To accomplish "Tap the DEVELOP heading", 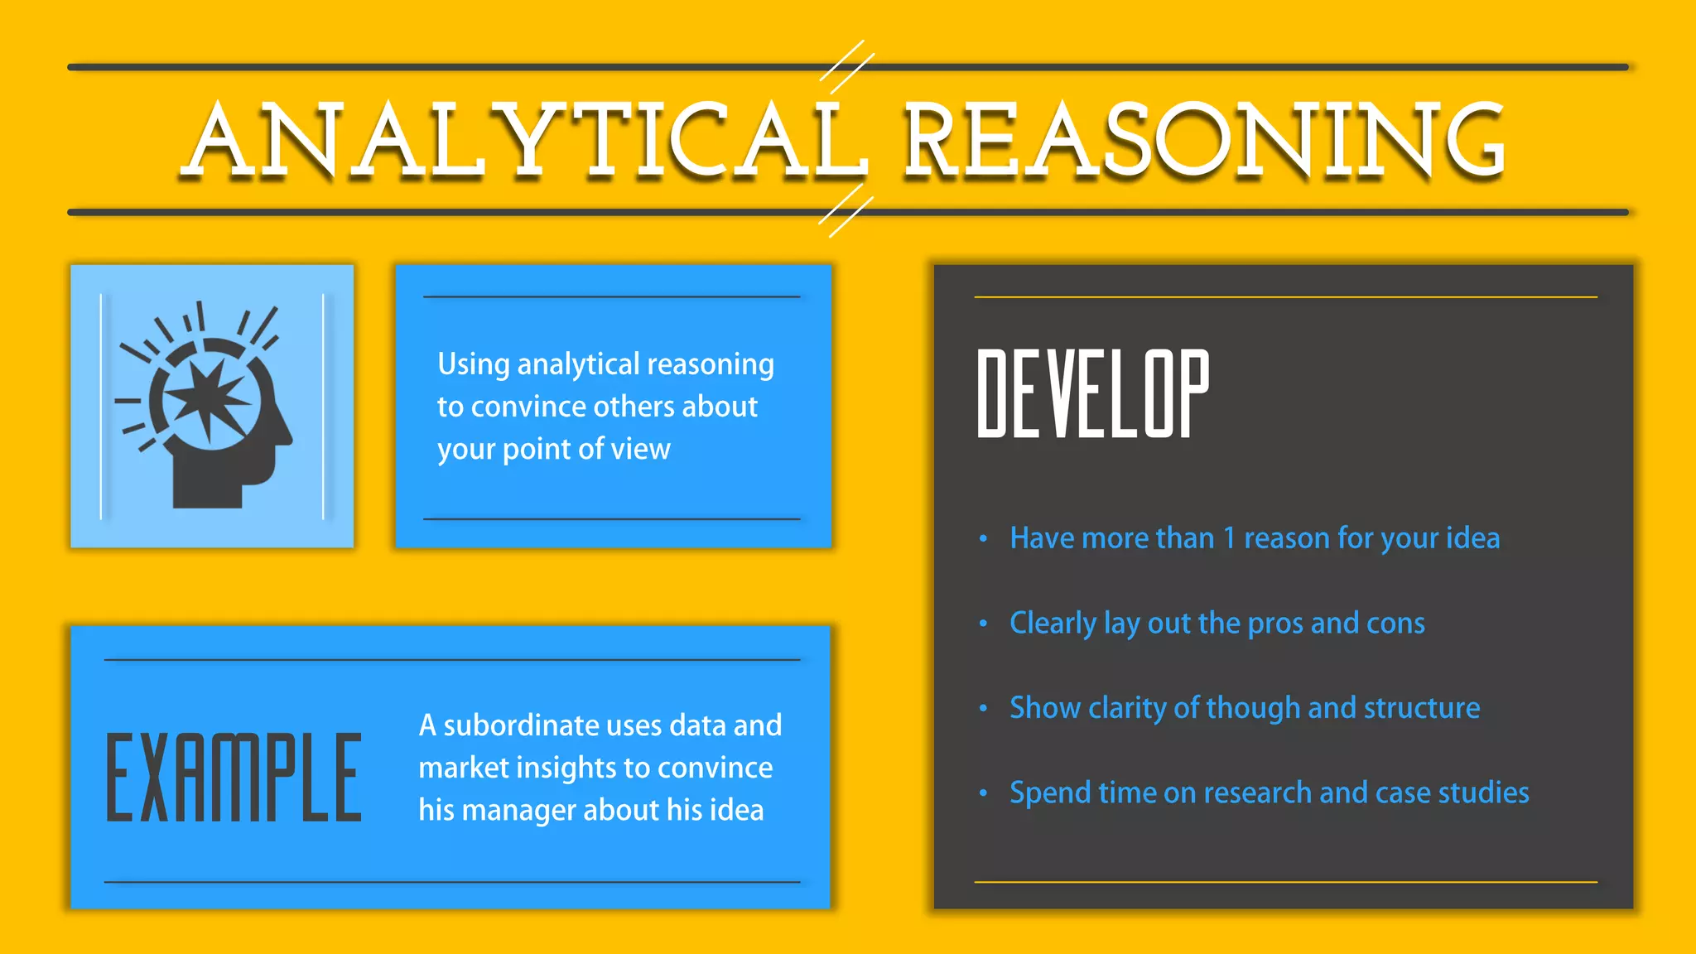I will click(1093, 393).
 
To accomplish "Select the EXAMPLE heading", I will click(234, 778).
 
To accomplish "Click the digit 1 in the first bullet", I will click(1229, 539).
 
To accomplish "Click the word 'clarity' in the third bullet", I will click(1127, 708).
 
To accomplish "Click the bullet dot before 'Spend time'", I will click(983, 793).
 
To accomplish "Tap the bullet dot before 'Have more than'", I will click(983, 539).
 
